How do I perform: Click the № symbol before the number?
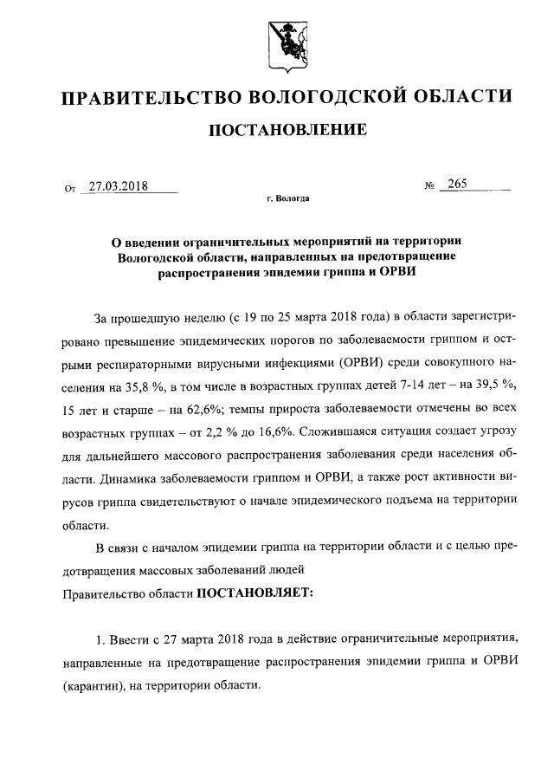pos(428,186)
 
